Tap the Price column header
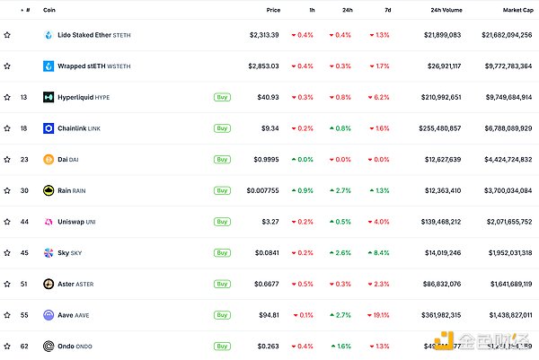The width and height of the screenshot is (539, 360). (273, 10)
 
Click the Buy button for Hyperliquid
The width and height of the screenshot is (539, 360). (221, 97)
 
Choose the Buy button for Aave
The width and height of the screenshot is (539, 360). (221, 315)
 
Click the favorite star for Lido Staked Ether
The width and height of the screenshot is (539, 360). (7, 35)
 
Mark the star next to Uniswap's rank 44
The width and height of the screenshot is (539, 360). (7, 222)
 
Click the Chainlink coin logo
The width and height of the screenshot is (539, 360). (49, 128)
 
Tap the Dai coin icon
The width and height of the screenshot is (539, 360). (49, 160)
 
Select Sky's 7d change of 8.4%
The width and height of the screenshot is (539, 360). (379, 253)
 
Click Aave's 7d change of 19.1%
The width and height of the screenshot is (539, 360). (378, 315)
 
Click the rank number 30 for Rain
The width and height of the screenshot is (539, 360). (23, 190)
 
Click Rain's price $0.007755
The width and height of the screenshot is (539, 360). (262, 190)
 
